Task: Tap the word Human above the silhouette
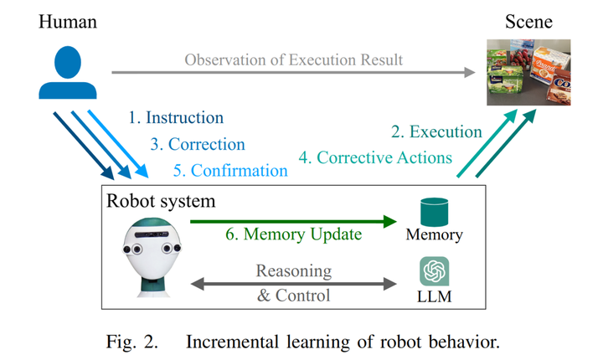pos(68,18)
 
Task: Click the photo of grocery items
pos(529,74)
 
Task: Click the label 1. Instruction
pos(176,118)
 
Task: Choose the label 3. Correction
pos(198,144)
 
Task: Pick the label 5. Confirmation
pos(231,170)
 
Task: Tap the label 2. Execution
pos(436,131)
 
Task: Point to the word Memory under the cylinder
pos(434,235)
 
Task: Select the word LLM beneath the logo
pos(434,296)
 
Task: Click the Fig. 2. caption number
pos(148,342)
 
